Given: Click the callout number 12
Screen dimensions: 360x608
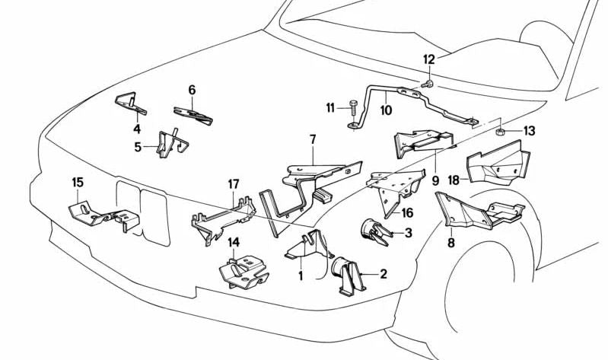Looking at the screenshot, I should (x=429, y=59).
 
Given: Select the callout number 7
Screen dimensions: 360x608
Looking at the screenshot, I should (x=312, y=139).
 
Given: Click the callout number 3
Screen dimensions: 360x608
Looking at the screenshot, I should (x=409, y=233).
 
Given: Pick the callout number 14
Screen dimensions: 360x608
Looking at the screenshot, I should (x=234, y=243).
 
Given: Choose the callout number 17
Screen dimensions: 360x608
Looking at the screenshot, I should (x=234, y=184).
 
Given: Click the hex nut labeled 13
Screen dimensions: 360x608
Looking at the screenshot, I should (x=502, y=132).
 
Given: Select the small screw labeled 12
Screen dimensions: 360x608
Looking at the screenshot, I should (x=428, y=83).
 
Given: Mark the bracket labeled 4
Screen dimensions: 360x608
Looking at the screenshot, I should (x=130, y=102).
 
